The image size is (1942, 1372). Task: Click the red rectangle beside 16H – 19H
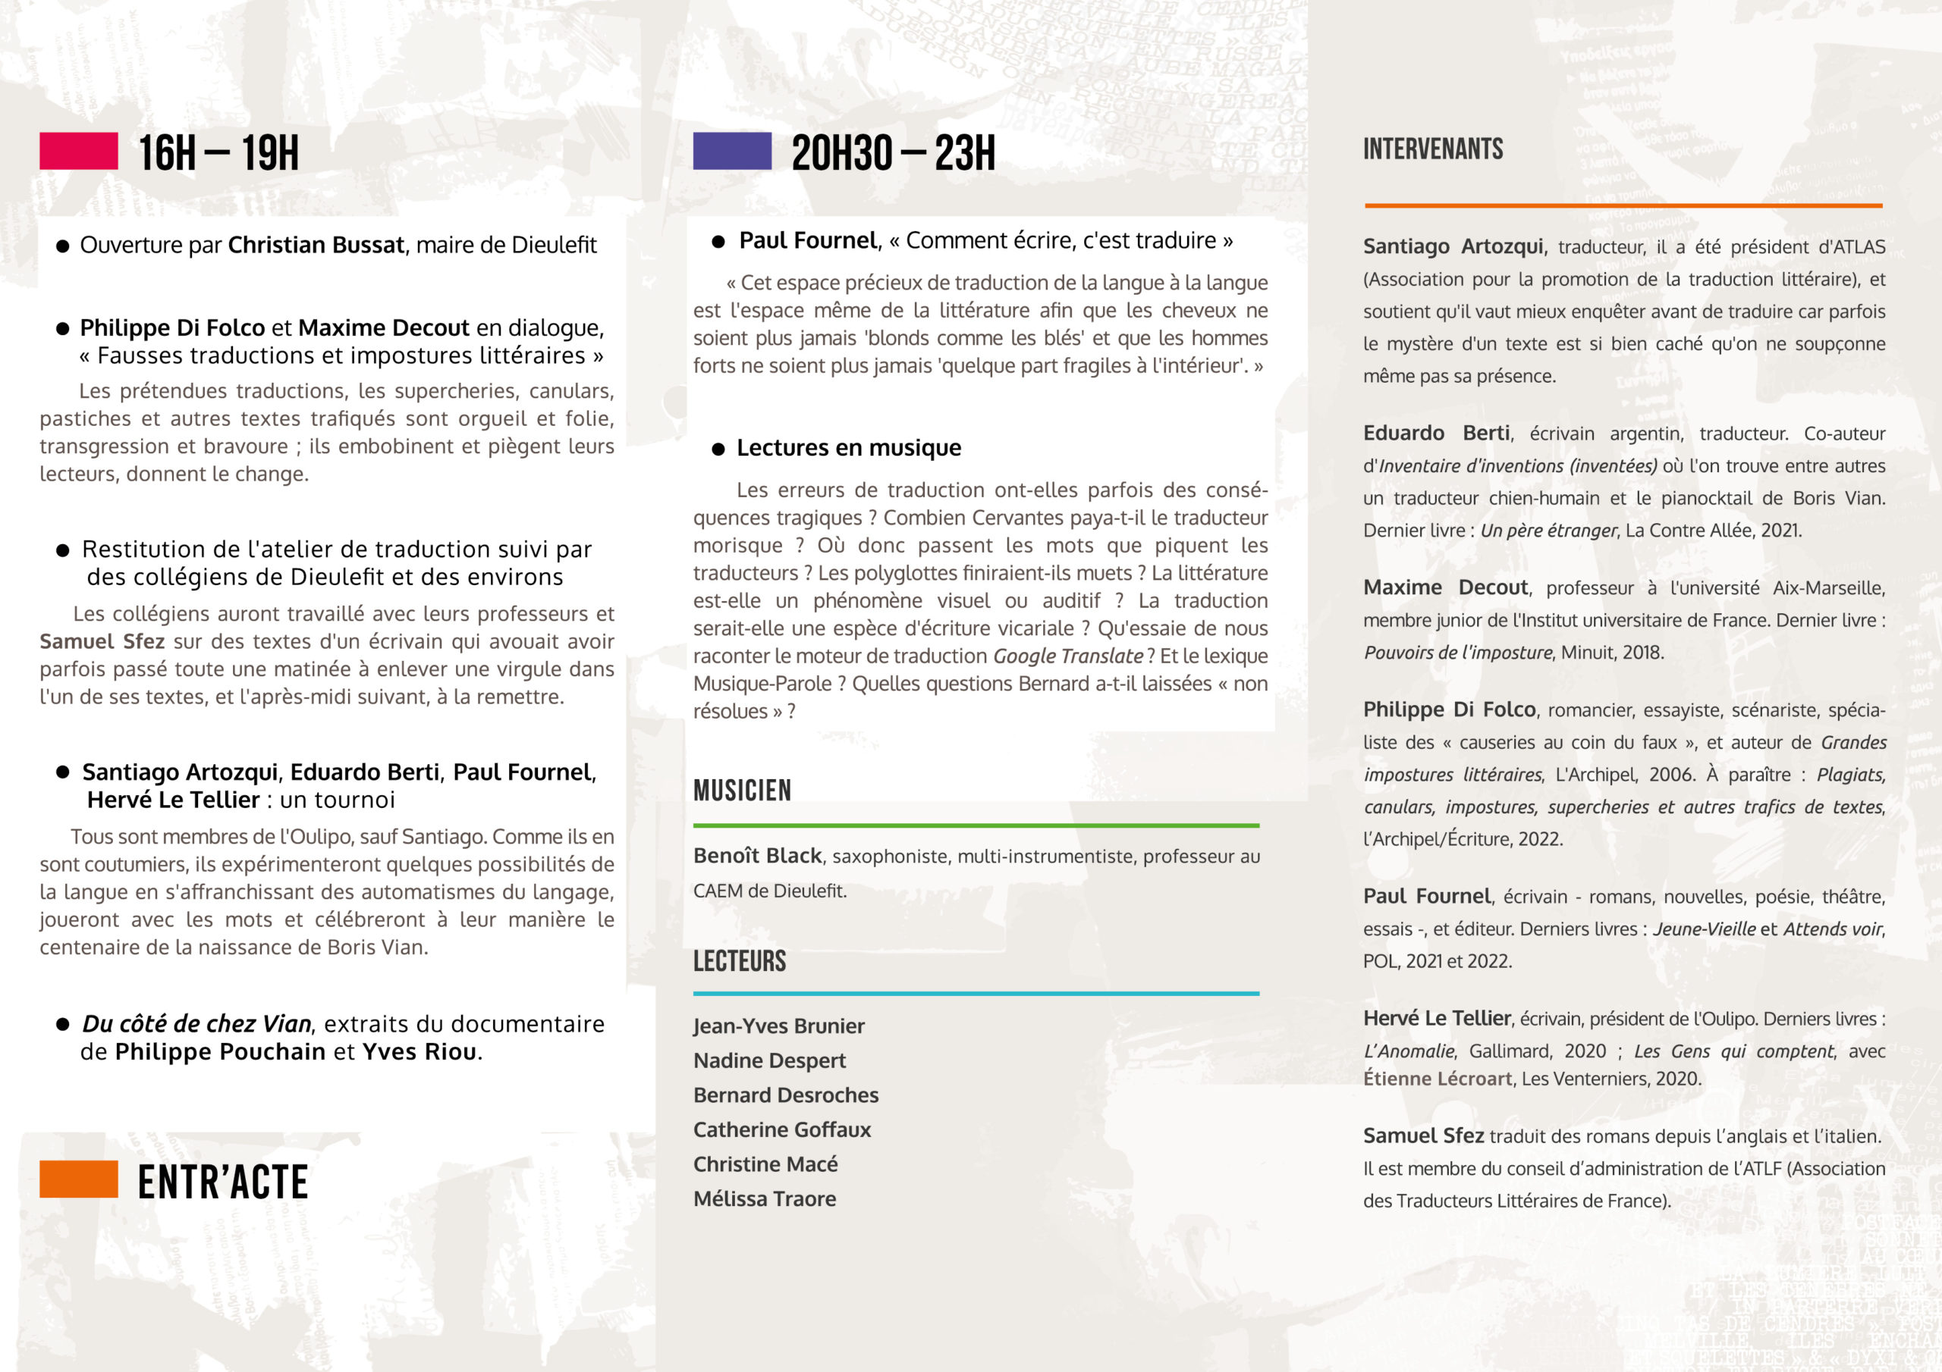(79, 152)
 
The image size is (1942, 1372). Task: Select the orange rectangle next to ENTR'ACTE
(79, 1179)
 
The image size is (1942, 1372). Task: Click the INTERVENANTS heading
(1433, 149)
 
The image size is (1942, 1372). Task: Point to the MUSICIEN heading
(742, 791)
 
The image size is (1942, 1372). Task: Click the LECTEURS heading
(739, 961)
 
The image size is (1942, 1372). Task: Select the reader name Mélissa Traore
(765, 1198)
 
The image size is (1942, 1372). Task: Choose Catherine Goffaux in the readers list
(781, 1129)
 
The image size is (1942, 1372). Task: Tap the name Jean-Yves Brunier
(778, 1026)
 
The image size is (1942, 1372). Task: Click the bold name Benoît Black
(757, 856)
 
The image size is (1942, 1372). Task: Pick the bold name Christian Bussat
(316, 245)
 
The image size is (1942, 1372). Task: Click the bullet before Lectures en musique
(718, 449)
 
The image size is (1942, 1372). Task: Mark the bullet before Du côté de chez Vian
(63, 1025)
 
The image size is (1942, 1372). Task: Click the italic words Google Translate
(1067, 656)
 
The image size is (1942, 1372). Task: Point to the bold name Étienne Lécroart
(1437, 1079)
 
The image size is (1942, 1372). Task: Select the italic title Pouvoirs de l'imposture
(1457, 653)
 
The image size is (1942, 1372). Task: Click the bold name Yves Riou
(419, 1051)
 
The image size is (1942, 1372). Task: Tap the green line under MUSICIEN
(976, 825)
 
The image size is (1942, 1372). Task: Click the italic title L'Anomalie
(1408, 1051)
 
